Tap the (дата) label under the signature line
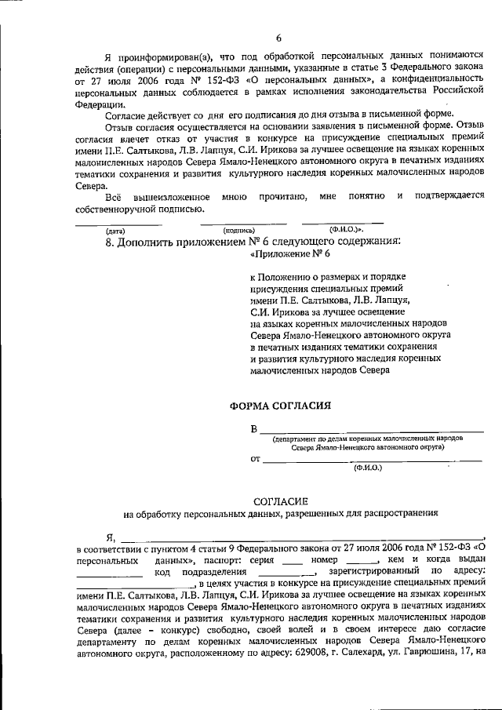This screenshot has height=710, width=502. click(115, 231)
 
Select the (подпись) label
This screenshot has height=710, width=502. click(239, 231)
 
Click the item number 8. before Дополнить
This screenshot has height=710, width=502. click(110, 242)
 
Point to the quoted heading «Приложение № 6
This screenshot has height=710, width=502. click(286, 256)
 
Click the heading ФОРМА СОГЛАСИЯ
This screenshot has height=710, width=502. click(280, 406)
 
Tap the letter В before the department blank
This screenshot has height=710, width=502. click(253, 428)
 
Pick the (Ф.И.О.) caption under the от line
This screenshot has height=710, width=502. click(367, 468)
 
